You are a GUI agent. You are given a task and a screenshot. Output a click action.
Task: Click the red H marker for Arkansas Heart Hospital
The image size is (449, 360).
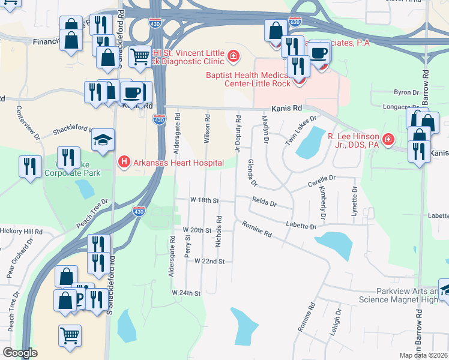click(x=124, y=161)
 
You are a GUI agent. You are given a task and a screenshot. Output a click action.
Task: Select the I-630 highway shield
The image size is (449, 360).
click(x=294, y=22)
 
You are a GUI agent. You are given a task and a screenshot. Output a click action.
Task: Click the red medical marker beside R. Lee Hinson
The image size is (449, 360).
click(x=388, y=140)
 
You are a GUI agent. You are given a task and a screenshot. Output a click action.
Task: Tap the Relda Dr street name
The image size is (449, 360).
click(x=264, y=203)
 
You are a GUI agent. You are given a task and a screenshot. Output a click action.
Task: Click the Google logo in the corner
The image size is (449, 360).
click(x=20, y=353)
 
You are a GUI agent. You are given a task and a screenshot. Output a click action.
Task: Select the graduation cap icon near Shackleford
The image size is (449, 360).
click(x=103, y=140)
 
